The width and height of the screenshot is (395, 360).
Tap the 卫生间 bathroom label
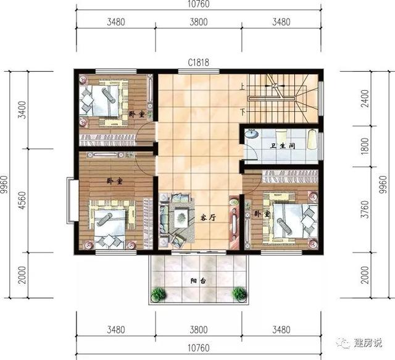(x=281, y=146)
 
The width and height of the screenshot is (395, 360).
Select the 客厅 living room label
(x=208, y=218)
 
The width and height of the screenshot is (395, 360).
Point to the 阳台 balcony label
(x=197, y=281)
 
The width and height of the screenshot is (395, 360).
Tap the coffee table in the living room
(x=181, y=216)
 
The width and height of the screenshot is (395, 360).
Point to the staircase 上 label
(x=243, y=86)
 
